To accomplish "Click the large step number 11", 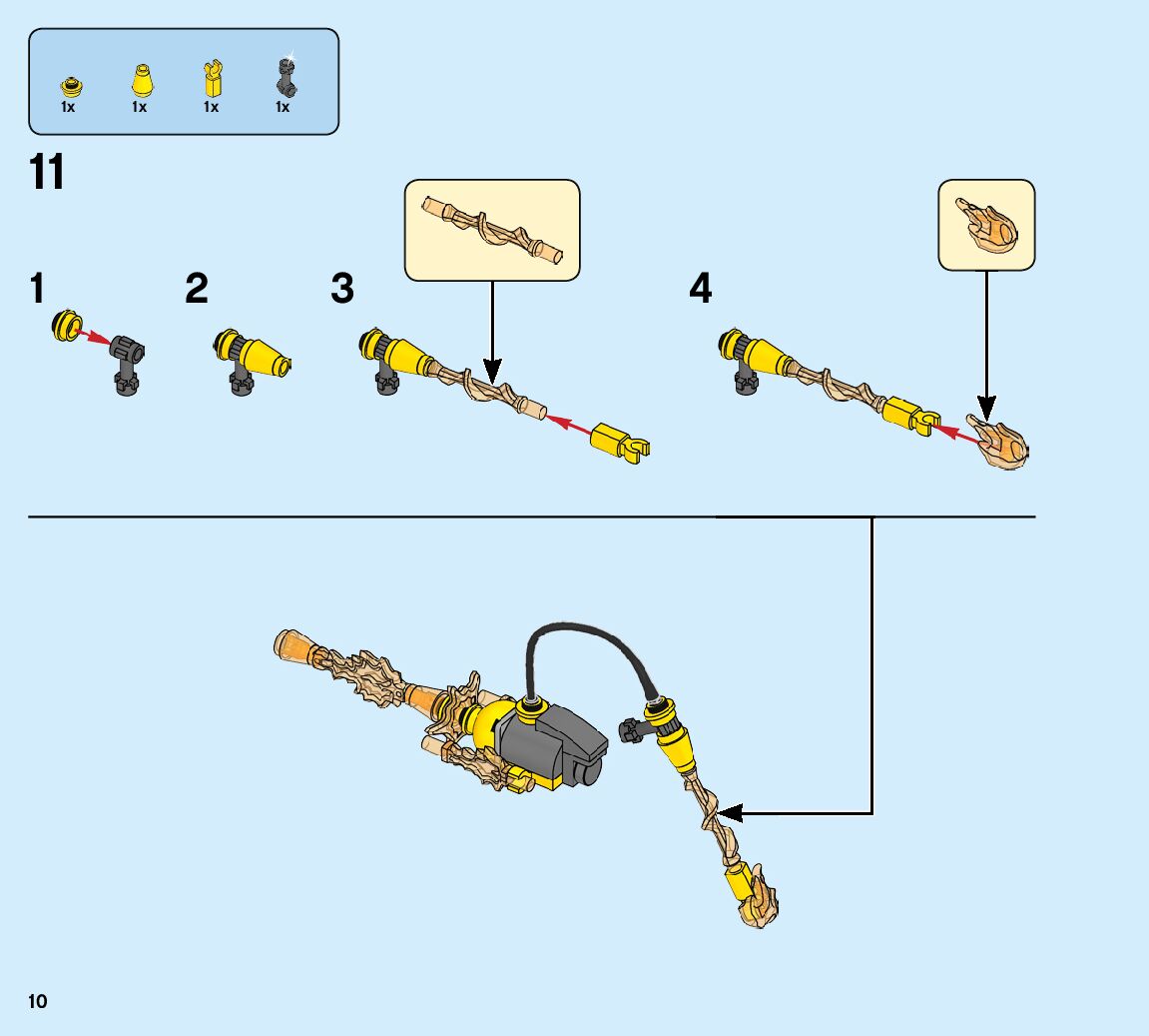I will [x=47, y=173].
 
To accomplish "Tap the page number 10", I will [x=38, y=1002].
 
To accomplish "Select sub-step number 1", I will [x=38, y=290].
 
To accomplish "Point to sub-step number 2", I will [x=197, y=290].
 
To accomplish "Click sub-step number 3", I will [x=342, y=290].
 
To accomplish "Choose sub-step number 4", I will [x=701, y=290].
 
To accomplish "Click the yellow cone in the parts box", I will [x=141, y=79].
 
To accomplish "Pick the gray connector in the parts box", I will [x=284, y=77].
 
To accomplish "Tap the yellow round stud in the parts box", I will [x=69, y=84].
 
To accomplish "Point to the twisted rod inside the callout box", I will [x=492, y=228].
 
